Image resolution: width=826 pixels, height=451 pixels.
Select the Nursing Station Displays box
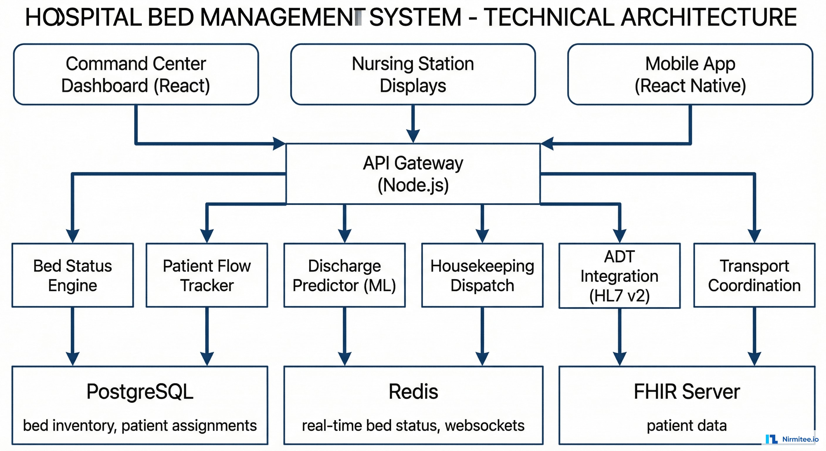point(413,75)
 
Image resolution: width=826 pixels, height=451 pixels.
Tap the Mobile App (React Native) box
point(690,75)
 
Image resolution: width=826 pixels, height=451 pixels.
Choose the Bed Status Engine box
point(72,275)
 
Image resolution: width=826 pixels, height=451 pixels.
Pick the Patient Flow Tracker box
point(207,275)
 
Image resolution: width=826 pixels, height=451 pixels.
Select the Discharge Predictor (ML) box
point(344,275)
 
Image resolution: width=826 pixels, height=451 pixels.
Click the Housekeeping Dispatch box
point(482,275)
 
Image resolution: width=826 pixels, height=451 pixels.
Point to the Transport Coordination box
point(754,275)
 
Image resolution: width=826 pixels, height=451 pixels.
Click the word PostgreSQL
point(140,392)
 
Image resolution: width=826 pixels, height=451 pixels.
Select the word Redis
point(413,392)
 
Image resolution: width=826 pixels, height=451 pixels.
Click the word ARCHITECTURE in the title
point(709,17)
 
